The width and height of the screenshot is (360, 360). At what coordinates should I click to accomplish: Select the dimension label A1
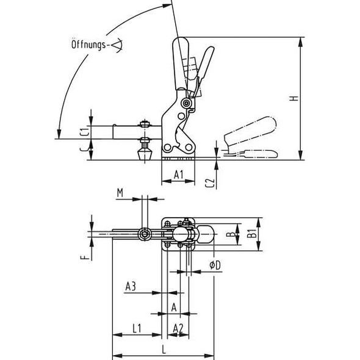(x=179, y=175)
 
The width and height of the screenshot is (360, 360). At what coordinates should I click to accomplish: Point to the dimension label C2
(x=209, y=181)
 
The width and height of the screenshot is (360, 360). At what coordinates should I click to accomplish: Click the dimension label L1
(x=137, y=328)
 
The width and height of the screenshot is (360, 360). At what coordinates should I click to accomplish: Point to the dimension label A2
(x=179, y=328)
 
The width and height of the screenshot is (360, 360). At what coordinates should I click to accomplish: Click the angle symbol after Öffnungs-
(x=117, y=44)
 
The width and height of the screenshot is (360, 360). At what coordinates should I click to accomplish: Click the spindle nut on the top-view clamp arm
(x=145, y=234)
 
